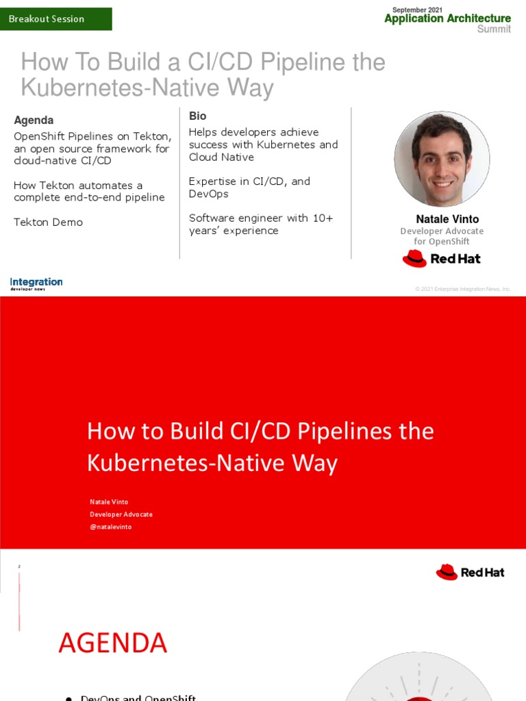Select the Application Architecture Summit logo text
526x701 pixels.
447,19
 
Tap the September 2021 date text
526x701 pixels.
417,10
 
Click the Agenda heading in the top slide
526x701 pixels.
34,120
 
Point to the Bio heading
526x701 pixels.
197,116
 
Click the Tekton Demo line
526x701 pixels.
48,222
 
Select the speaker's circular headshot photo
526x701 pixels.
442,159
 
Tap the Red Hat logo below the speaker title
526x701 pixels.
441,259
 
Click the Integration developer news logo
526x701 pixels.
36,283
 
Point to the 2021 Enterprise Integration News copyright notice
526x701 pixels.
463,289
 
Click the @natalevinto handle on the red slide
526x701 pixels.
110,526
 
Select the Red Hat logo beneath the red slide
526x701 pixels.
470,572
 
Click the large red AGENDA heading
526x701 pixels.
112,643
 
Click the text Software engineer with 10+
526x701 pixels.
261,218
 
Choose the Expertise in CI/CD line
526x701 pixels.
249,181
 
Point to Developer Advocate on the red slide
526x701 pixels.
121,514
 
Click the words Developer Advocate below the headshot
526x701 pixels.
442,231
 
